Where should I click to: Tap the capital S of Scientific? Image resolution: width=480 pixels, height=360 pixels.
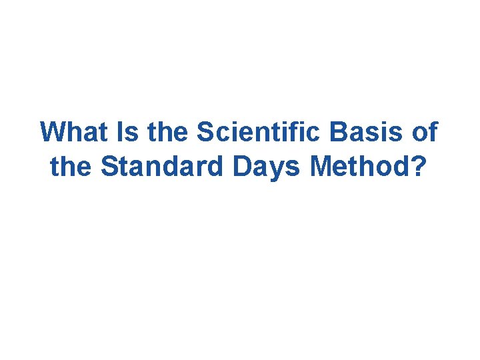205,132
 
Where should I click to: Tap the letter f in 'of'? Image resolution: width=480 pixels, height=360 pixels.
433,132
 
